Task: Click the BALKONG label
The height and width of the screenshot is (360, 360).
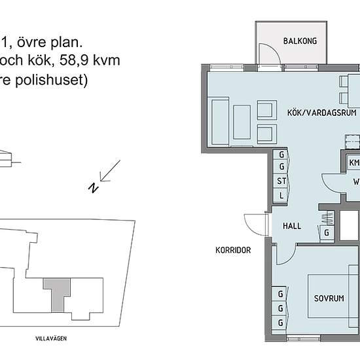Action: coord(300,41)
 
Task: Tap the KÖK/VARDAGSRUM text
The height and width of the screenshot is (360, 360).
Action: coord(317,113)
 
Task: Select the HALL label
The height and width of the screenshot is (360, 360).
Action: coord(291,226)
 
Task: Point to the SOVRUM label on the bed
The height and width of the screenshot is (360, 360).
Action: coord(328,298)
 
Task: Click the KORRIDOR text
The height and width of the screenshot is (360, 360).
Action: coord(234,250)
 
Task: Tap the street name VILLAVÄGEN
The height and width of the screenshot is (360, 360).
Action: coord(52,338)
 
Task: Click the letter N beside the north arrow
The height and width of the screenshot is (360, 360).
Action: coord(94,188)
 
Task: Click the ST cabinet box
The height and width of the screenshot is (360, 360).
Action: coord(281,181)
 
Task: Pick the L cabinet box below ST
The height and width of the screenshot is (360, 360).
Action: coord(281,195)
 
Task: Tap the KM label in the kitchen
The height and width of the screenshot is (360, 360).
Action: coord(354,162)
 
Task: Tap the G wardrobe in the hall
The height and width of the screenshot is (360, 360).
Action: coord(326,231)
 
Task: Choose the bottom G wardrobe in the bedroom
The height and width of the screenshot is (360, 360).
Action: coord(281,323)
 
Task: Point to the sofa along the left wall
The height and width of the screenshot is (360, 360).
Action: coord(219,118)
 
